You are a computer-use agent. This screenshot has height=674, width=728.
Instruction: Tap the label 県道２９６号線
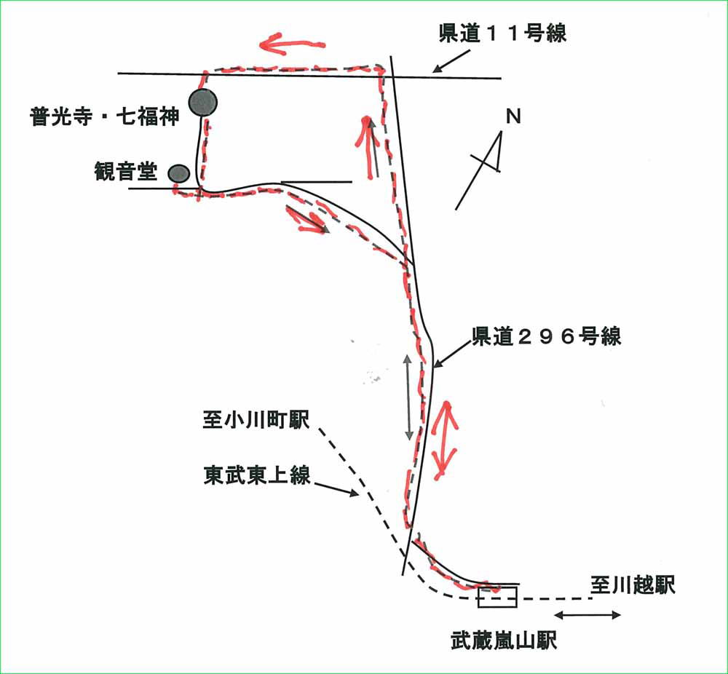click(547, 337)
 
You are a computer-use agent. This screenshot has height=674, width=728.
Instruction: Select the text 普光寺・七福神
click(104, 117)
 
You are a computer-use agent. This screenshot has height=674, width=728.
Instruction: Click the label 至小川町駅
click(256, 421)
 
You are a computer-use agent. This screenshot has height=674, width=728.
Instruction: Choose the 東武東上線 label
click(256, 475)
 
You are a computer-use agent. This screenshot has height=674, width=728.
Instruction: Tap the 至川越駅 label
click(633, 584)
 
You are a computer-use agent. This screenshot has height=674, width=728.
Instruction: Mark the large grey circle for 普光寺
click(203, 103)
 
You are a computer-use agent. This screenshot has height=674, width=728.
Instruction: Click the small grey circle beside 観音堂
click(179, 173)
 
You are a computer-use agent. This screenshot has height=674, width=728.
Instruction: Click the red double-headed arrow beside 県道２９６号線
click(443, 440)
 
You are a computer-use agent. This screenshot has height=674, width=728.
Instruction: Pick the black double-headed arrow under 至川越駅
click(591, 615)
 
